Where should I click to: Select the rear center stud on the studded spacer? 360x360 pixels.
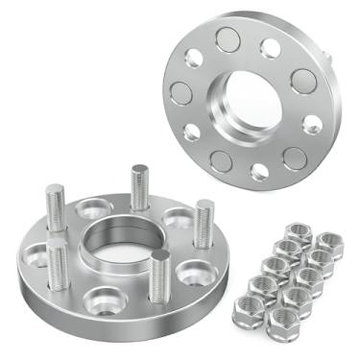[x=140, y=186]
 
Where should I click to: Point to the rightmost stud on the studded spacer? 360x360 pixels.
[x=204, y=224]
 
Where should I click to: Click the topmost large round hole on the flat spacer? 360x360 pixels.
[x=228, y=39]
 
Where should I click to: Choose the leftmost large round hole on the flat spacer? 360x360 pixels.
[x=181, y=93]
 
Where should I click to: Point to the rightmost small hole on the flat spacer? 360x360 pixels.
[x=312, y=124]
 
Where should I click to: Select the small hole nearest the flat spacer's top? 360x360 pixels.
[x=272, y=47]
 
